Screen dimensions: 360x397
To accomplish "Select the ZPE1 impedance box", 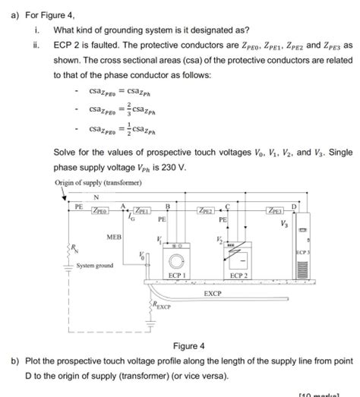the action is (143, 210).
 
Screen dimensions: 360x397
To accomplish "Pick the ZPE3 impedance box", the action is (276, 210).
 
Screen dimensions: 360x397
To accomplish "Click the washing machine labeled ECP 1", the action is (176, 257).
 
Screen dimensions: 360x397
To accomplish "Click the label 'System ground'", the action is (95, 266).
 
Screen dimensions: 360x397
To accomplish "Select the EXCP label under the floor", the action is (213, 291).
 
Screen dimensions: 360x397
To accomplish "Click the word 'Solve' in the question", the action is (65, 153).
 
